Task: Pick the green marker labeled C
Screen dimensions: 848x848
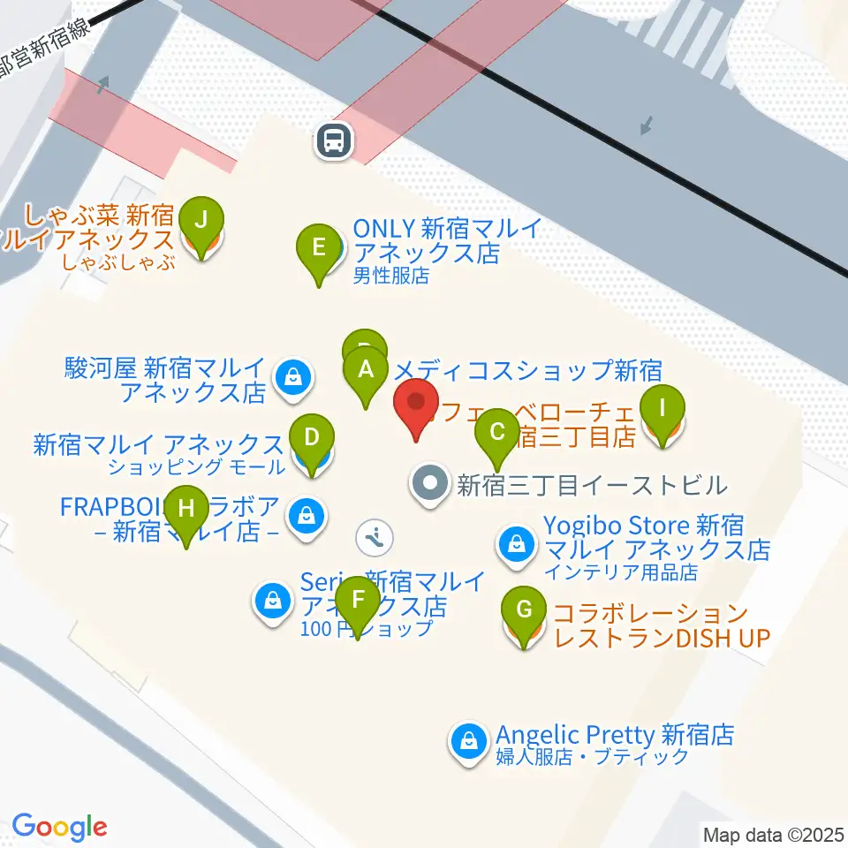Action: (x=497, y=432)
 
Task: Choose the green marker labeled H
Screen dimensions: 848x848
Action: (x=185, y=510)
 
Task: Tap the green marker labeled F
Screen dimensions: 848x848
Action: (x=358, y=601)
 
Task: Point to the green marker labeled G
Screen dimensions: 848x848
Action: (x=524, y=610)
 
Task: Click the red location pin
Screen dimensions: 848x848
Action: (x=415, y=405)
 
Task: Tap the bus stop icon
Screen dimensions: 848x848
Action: (x=334, y=140)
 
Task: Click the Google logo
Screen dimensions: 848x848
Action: (x=59, y=827)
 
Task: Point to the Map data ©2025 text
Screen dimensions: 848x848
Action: (x=774, y=834)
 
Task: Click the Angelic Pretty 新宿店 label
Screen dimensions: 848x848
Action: (x=615, y=735)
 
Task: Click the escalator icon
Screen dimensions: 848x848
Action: (x=375, y=536)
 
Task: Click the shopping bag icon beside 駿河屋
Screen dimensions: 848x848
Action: (x=291, y=377)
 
